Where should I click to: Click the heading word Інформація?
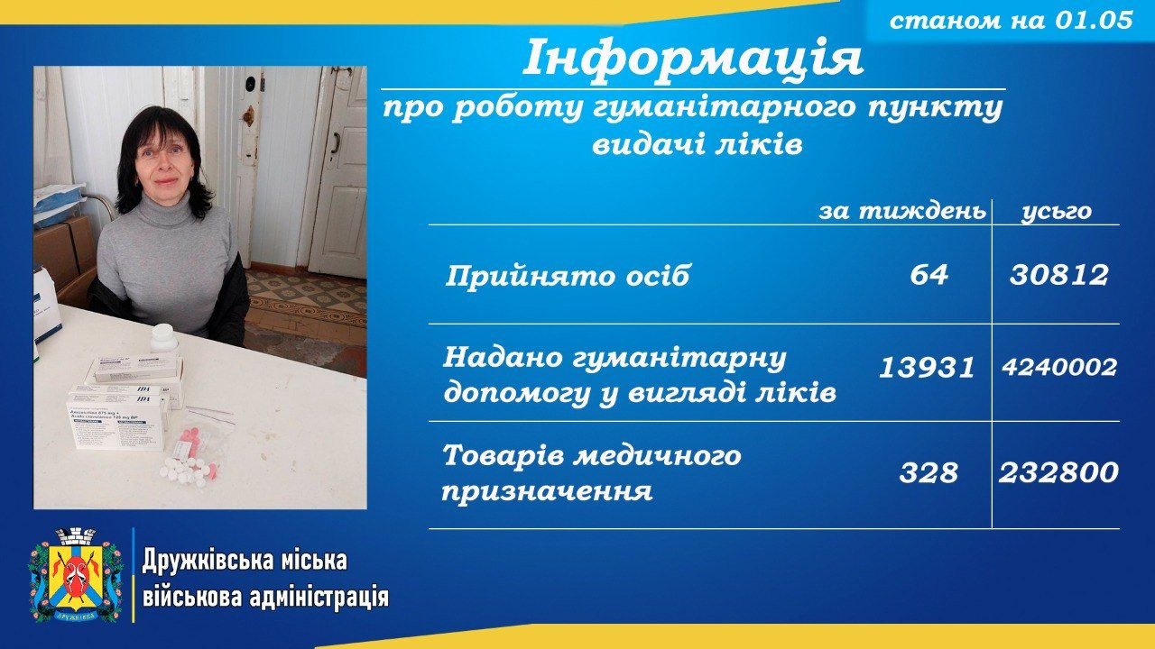693,57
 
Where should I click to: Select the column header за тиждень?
902,211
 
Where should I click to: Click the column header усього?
1057,212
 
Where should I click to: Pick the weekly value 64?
929,275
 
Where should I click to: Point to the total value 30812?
1058,275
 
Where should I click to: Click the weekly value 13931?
927,368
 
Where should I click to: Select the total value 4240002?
1059,367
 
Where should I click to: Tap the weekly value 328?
929,472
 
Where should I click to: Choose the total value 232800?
1058,472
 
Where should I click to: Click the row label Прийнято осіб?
567,276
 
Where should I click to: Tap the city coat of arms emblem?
75,575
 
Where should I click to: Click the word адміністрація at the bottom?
319,598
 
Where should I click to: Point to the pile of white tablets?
186,471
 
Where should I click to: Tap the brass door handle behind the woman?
249,116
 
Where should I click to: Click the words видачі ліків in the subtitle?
698,145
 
